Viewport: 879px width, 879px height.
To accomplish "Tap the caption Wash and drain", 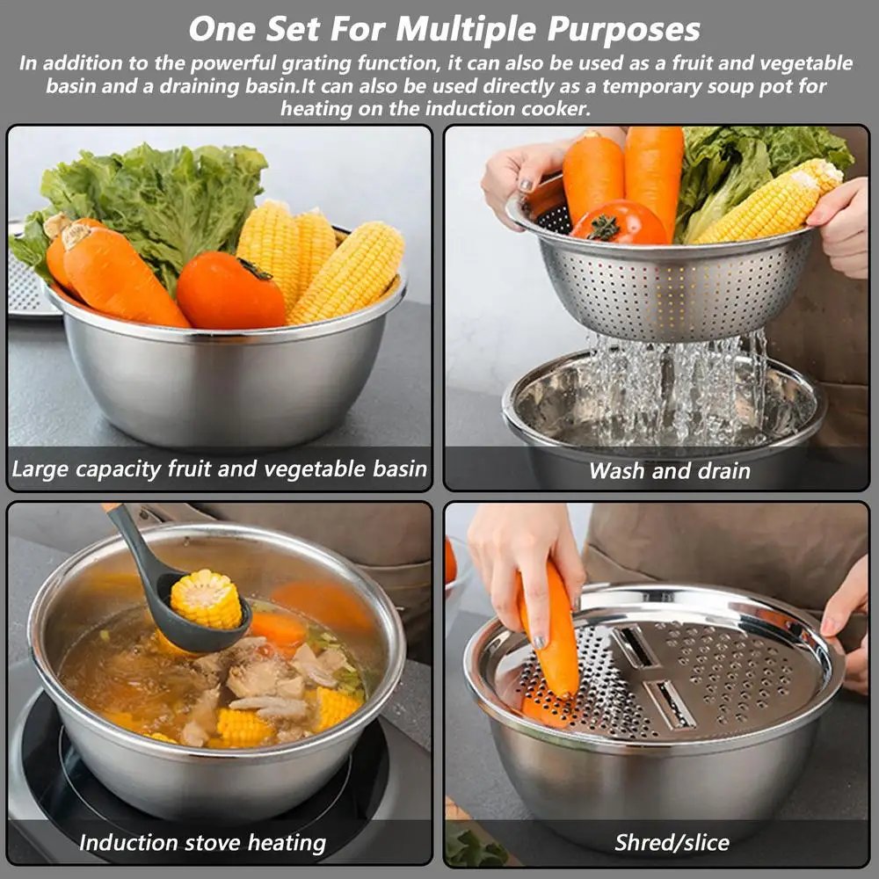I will (669, 471).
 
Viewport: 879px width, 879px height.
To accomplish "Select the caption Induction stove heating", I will (202, 843).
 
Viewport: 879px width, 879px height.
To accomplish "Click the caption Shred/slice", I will (672, 843).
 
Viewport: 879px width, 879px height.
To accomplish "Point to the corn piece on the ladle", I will (206, 599).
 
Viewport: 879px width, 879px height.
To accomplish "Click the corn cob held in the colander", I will (765, 207).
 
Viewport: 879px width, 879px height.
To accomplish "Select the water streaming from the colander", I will (677, 387).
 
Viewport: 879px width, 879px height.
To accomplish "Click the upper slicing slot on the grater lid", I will (636, 646).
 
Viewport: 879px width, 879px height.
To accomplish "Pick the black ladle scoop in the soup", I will (185, 615).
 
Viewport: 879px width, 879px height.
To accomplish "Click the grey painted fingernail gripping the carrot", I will (538, 643).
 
